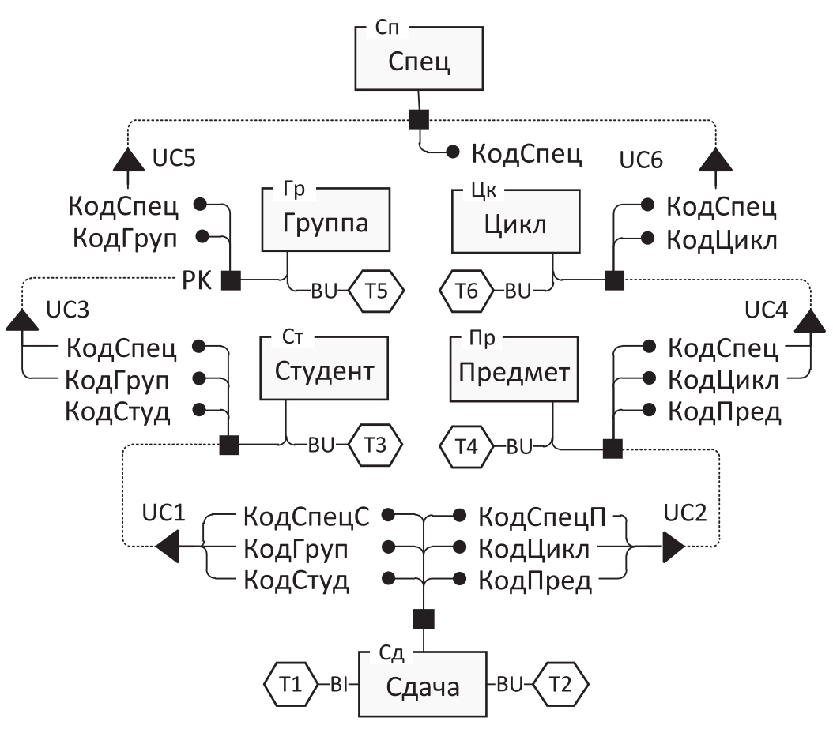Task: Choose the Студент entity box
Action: click(325, 369)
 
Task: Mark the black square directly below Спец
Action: click(420, 119)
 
